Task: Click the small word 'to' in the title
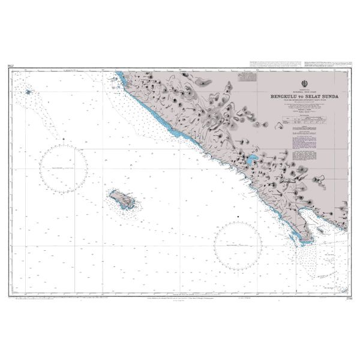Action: pyautogui.click(x=302, y=94)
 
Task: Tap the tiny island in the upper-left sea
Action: pyautogui.click(x=28, y=92)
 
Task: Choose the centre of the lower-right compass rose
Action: pyautogui.click(x=239, y=246)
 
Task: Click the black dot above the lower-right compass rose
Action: pyautogui.click(x=239, y=215)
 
